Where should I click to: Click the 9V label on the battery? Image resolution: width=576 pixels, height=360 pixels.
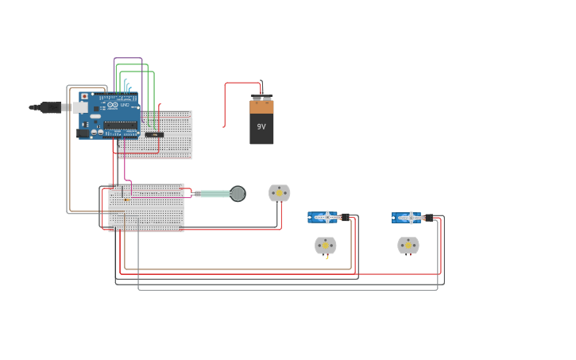pyautogui.click(x=261, y=126)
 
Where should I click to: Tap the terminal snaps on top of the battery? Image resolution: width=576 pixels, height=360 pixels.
pyautogui.click(x=261, y=99)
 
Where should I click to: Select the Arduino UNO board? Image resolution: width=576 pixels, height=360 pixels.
pyautogui.click(x=109, y=115)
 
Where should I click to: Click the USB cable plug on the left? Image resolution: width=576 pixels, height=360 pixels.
pyautogui.click(x=49, y=107)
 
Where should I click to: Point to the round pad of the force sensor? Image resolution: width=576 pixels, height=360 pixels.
pyautogui.click(x=238, y=193)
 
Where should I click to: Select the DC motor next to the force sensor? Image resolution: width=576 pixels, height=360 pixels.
pyautogui.click(x=280, y=193)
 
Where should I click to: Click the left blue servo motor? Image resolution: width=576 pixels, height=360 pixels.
pyautogui.click(x=323, y=217)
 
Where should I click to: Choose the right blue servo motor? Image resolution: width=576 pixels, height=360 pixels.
pyautogui.click(x=407, y=218)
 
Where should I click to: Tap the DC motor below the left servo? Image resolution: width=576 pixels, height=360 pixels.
pyautogui.click(x=325, y=246)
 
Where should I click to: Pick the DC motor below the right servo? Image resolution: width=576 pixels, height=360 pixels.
pyautogui.click(x=408, y=245)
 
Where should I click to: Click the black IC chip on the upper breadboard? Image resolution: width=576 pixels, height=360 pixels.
pyautogui.click(x=154, y=134)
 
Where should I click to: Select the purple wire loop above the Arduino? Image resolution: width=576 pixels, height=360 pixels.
pyautogui.click(x=128, y=59)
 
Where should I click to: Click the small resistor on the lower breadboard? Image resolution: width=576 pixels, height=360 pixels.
pyautogui.click(x=127, y=199)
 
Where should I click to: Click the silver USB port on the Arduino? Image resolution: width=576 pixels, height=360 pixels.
pyautogui.click(x=81, y=107)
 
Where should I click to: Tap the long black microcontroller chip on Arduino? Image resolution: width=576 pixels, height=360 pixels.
pyautogui.click(x=120, y=125)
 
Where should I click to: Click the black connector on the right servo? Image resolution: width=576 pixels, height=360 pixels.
pyautogui.click(x=429, y=218)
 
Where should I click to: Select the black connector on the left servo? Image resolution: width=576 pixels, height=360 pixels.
pyautogui.click(x=345, y=217)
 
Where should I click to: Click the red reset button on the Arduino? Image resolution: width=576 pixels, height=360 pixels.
pyautogui.click(x=85, y=96)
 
